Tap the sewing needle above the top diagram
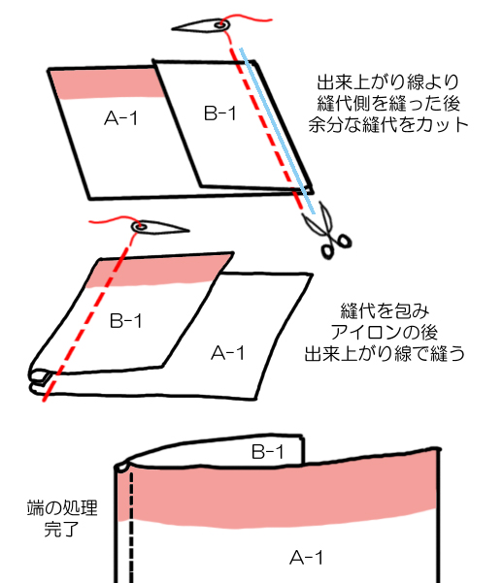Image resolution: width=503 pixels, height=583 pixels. coord(201,25)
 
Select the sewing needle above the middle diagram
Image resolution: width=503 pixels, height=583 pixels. coord(159,227)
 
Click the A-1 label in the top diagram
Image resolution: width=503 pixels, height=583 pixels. coord(121,118)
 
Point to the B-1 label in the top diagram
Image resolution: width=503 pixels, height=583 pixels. coord(220,113)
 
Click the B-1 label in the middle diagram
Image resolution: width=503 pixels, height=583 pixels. coord(126,320)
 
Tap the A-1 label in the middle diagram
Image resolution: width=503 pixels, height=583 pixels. coord(227,353)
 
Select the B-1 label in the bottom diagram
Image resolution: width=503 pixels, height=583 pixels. coord(268,452)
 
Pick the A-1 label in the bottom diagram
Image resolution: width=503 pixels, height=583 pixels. coord(307,558)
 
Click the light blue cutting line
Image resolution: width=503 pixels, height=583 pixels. coord(278,131)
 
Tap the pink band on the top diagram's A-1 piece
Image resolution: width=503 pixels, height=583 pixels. coord(107,84)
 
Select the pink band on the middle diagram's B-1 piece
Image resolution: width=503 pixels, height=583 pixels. coord(158,271)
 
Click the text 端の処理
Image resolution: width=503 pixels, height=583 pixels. coord(62,508)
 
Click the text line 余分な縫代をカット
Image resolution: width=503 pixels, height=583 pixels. coord(388,125)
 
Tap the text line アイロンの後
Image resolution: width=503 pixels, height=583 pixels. coord(385,332)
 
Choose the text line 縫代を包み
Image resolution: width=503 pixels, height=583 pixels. coord(385,310)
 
